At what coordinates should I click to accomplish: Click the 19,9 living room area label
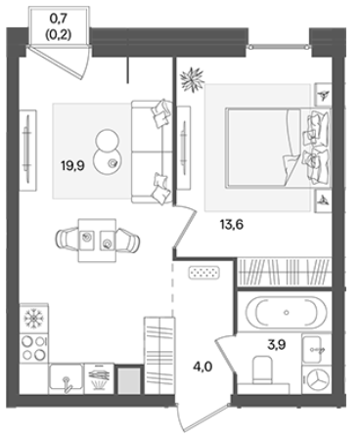(x=72, y=166)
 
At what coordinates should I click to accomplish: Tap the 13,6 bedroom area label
(x=232, y=225)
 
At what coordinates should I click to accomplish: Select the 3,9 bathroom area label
(x=277, y=344)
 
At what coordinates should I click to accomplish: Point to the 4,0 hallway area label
(x=202, y=367)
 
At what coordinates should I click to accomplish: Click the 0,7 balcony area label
(x=59, y=19)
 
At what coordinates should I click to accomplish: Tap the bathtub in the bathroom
(x=286, y=313)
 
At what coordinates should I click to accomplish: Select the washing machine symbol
(x=316, y=379)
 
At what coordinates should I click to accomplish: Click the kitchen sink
(x=67, y=379)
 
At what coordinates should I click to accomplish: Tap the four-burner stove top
(x=34, y=348)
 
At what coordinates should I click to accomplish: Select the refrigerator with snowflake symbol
(x=34, y=318)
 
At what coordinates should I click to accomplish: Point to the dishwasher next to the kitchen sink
(x=99, y=378)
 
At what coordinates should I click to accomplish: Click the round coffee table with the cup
(x=108, y=162)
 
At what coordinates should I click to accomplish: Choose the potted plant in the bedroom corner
(x=193, y=79)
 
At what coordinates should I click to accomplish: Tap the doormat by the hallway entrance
(x=204, y=273)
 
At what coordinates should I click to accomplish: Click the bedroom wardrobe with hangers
(x=284, y=272)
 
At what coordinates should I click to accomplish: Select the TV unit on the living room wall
(x=28, y=151)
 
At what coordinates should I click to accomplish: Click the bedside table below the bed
(x=323, y=200)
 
